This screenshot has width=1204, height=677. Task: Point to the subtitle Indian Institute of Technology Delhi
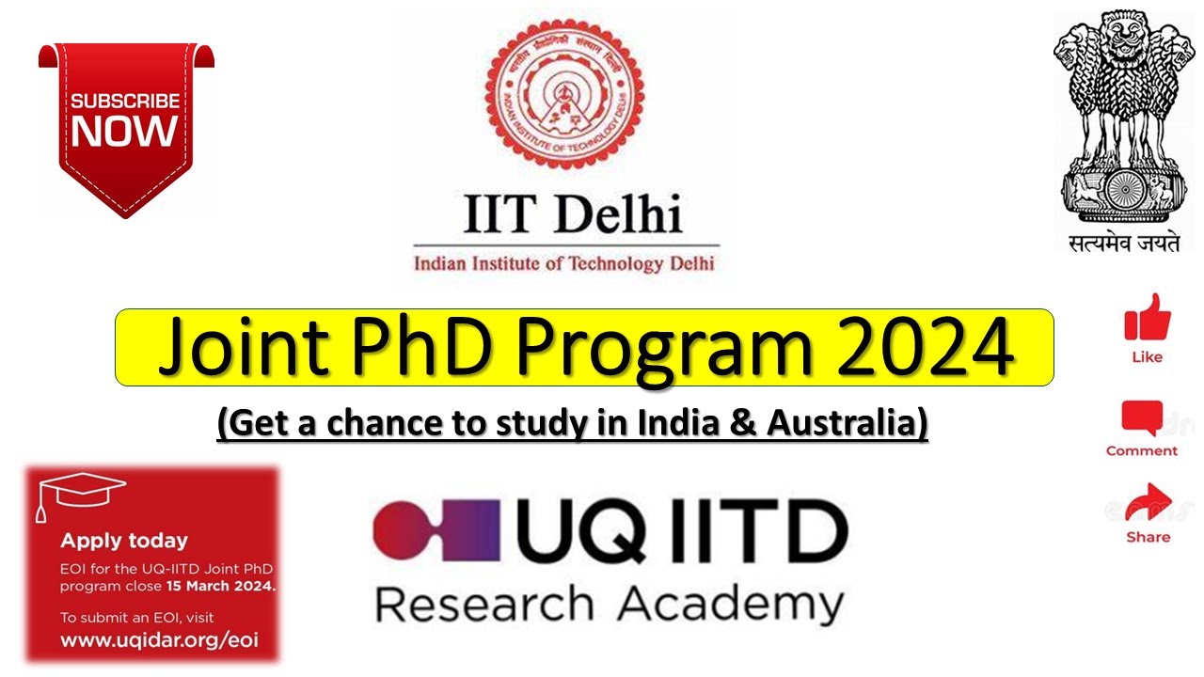(564, 262)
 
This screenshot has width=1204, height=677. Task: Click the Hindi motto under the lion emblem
(1123, 242)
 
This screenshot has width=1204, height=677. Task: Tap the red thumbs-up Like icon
(1148, 318)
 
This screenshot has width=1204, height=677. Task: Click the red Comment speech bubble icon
(1141, 417)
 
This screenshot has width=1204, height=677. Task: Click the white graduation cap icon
(79, 494)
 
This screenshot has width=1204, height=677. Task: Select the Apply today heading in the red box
(124, 541)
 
